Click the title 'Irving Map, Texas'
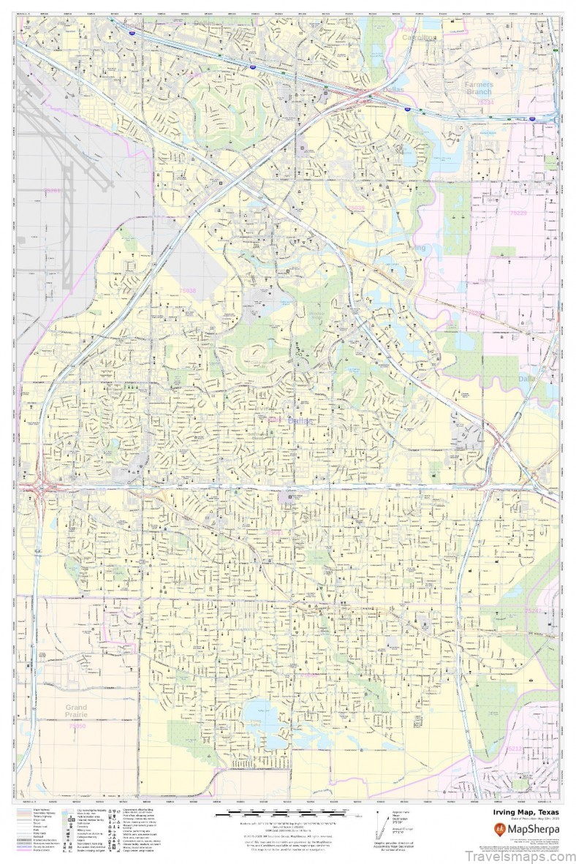pos(523,813)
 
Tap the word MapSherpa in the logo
pos(532,829)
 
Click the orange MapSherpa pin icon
pos(500,829)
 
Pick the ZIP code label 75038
pos(188,290)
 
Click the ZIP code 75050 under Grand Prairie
pos(76,726)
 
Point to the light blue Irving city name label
pos(417,248)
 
